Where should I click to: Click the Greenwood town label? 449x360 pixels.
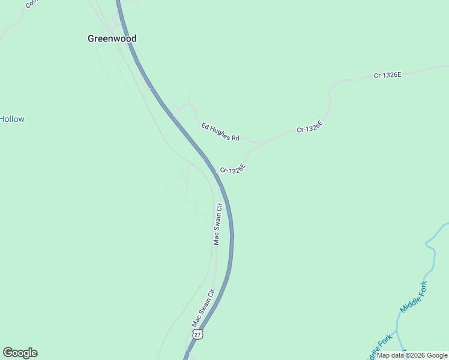click(x=112, y=38)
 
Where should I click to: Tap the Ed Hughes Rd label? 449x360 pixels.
click(x=220, y=132)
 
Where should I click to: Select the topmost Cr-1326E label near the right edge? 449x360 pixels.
click(x=387, y=75)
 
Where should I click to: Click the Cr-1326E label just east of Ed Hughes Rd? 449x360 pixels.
click(x=310, y=127)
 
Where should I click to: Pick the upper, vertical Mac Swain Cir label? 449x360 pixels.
click(x=217, y=224)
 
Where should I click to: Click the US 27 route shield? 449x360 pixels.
click(x=198, y=334)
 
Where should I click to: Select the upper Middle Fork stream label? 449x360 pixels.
click(x=414, y=296)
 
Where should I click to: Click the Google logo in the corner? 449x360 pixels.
click(x=20, y=353)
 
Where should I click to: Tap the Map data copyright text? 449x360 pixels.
click(x=412, y=355)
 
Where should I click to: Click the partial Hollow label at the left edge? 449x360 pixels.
click(x=12, y=119)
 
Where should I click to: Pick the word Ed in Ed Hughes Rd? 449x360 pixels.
click(x=205, y=126)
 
